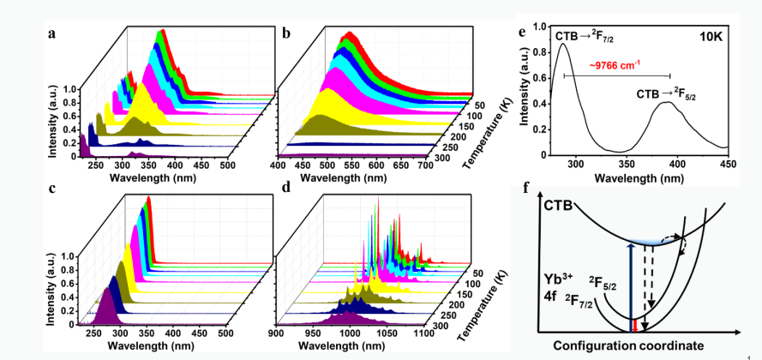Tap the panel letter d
point(285,191)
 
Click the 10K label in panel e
point(705,37)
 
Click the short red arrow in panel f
point(633,323)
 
